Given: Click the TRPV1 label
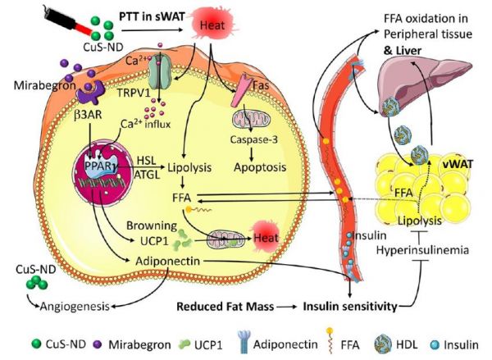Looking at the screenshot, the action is tap(134, 93).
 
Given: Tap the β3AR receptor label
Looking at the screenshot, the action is tap(89, 115).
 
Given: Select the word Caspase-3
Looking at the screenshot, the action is tap(254, 139).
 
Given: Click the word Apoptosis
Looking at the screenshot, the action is tap(260, 167).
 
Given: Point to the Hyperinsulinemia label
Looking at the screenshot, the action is tap(422, 250).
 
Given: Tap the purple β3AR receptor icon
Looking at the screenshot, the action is tap(91, 93).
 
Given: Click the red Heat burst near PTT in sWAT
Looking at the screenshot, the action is tap(212, 24).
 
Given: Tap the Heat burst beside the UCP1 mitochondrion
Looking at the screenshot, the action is tap(265, 237).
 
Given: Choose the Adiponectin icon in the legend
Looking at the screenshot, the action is tap(244, 344).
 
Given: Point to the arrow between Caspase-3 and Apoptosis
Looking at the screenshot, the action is tap(252, 153).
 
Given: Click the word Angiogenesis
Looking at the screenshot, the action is tap(75, 306).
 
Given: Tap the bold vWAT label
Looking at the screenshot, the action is tap(458, 163).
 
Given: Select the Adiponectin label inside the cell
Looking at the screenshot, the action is tap(167, 261).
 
